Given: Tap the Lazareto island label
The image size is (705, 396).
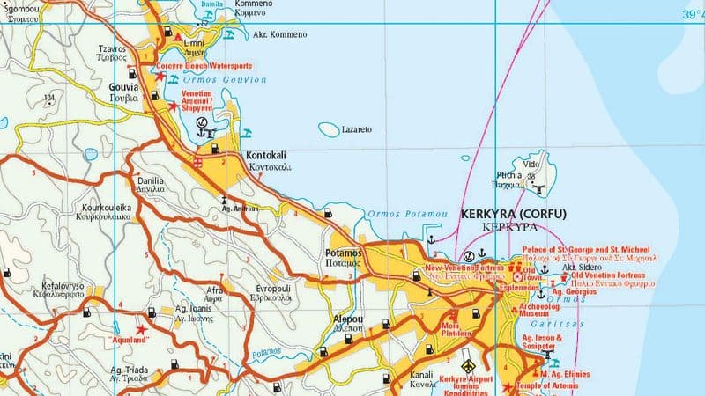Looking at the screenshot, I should tap(356, 129).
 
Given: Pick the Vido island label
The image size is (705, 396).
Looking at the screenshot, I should tap(531, 165).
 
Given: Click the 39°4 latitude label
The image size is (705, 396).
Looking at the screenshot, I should tap(693, 14).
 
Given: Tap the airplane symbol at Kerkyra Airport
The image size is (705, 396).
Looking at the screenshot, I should tap(468, 365).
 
